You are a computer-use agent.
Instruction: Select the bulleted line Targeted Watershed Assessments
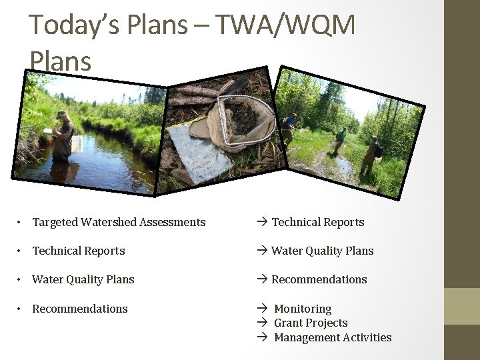[x=119, y=222]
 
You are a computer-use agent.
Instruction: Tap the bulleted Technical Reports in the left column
[x=79, y=251]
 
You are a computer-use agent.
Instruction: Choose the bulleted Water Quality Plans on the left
[x=83, y=279]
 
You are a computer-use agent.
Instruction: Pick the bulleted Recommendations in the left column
[x=80, y=309]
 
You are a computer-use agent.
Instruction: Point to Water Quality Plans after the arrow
[x=322, y=251]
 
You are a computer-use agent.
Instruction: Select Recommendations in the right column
[x=319, y=279]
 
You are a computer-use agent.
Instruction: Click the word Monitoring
[x=303, y=309]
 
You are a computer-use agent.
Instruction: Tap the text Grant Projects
[x=311, y=323]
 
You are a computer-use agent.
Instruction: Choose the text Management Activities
[x=333, y=337]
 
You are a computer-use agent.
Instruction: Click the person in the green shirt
[x=341, y=140]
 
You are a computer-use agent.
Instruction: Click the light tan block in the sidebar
[x=462, y=306]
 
